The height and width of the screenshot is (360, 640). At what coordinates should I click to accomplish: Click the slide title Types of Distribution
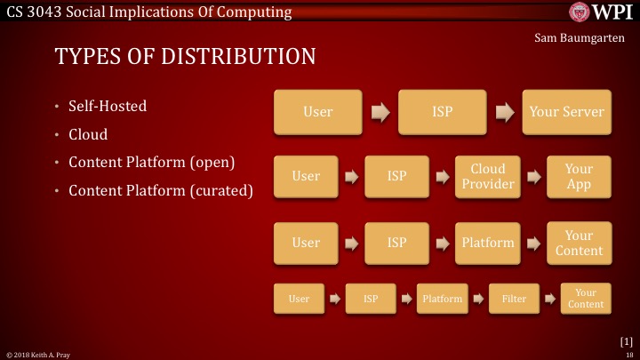tap(185, 57)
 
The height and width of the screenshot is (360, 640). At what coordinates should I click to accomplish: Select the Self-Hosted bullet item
tap(108, 107)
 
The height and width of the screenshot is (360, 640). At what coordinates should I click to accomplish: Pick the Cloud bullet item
tap(88, 134)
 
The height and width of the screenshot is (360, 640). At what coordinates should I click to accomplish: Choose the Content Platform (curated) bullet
tap(160, 190)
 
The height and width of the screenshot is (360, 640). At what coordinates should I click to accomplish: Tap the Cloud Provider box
tap(487, 176)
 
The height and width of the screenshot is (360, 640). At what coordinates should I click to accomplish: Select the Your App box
tap(579, 176)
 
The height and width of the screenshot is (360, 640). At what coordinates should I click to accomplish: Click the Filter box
tap(514, 299)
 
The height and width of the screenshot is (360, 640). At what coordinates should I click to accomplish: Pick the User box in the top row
tap(317, 112)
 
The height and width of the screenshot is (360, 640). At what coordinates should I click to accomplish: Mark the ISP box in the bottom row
tap(371, 299)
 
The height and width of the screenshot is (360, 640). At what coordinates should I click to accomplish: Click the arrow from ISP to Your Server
tap(505, 112)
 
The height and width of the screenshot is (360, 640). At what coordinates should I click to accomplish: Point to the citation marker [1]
tap(626, 340)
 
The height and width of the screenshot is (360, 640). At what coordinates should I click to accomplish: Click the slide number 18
tap(628, 355)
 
